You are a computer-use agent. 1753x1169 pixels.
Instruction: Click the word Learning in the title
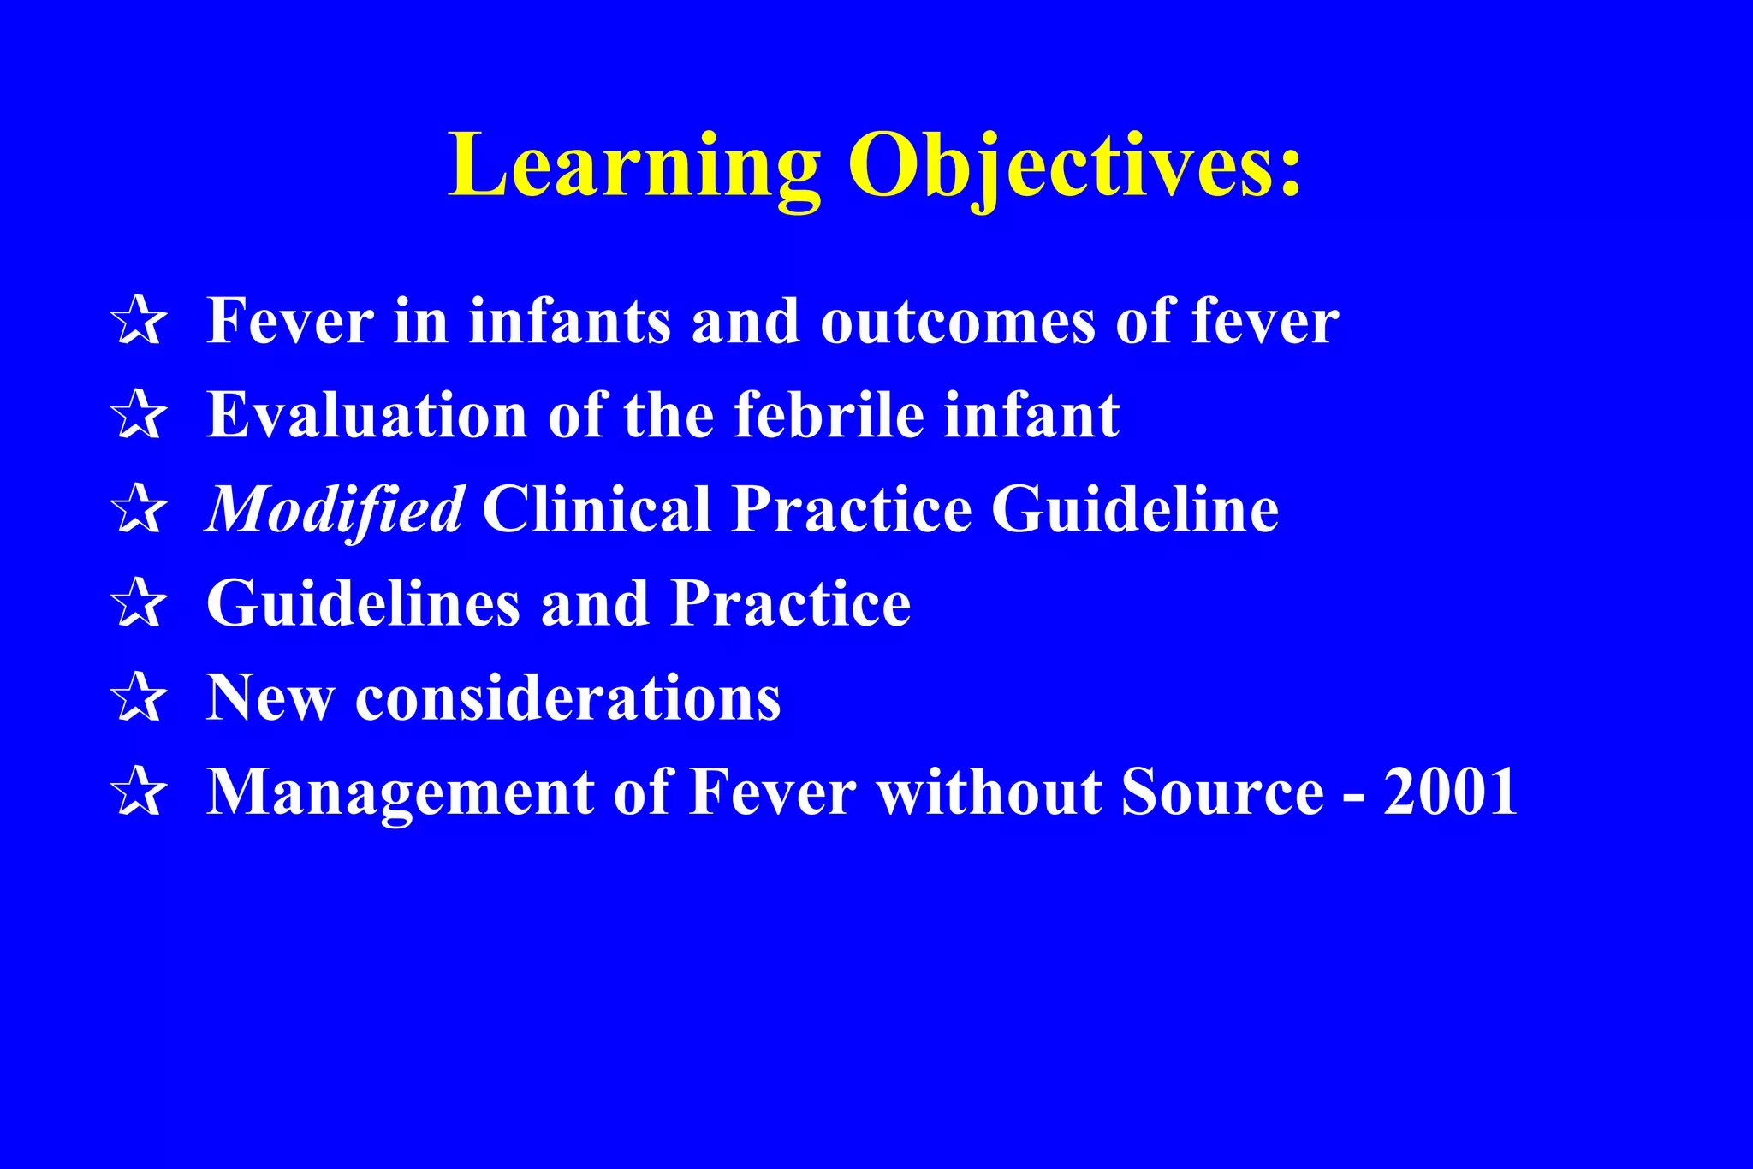pyautogui.click(x=633, y=167)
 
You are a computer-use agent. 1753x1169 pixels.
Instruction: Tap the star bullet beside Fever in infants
pyautogui.click(x=139, y=322)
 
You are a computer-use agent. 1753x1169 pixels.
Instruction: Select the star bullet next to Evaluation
pyautogui.click(x=139, y=416)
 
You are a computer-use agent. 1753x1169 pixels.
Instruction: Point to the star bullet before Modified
pyautogui.click(x=139, y=510)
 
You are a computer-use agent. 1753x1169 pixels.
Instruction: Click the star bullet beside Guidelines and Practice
pyautogui.click(x=139, y=604)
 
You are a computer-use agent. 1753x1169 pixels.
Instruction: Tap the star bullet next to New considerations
pyautogui.click(x=139, y=698)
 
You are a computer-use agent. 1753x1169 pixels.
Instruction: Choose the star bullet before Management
pyautogui.click(x=139, y=792)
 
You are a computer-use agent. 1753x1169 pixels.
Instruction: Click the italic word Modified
pyautogui.click(x=336, y=510)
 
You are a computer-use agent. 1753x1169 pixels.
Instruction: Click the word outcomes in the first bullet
pyautogui.click(x=957, y=322)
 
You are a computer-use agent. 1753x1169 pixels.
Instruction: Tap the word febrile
pyautogui.click(x=829, y=416)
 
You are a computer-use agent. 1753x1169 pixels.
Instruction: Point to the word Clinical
pyautogui.click(x=596, y=510)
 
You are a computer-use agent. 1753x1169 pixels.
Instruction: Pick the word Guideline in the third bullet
pyautogui.click(x=1134, y=510)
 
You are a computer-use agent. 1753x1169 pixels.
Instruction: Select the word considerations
pyautogui.click(x=567, y=698)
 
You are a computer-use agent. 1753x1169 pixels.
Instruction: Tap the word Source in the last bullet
pyautogui.click(x=1222, y=792)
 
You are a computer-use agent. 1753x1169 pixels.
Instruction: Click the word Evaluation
pyautogui.click(x=366, y=416)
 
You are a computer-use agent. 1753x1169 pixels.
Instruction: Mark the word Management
pyautogui.click(x=401, y=792)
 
